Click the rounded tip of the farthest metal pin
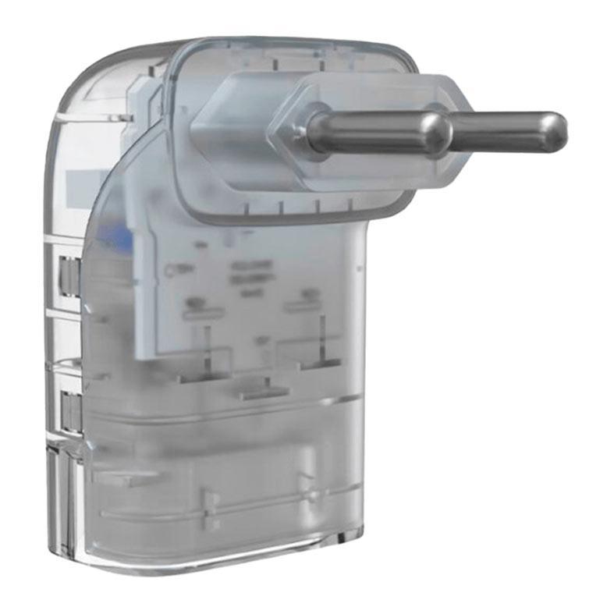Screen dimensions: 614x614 (x=556, y=131)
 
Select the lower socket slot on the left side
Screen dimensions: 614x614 (x=70, y=406)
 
